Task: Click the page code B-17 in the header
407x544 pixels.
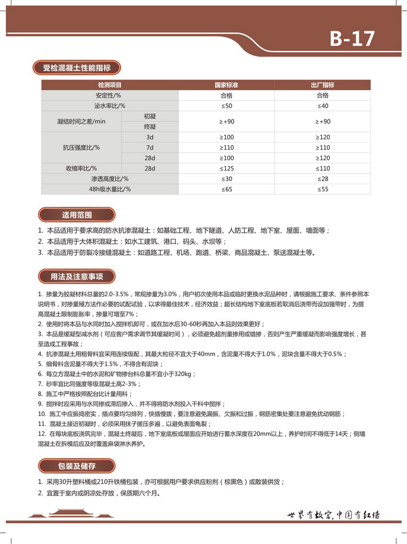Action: (352, 39)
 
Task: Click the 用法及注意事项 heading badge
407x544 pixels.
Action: (77, 276)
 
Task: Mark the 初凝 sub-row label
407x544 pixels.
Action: (150, 115)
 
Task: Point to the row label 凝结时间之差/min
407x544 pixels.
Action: (81, 121)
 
